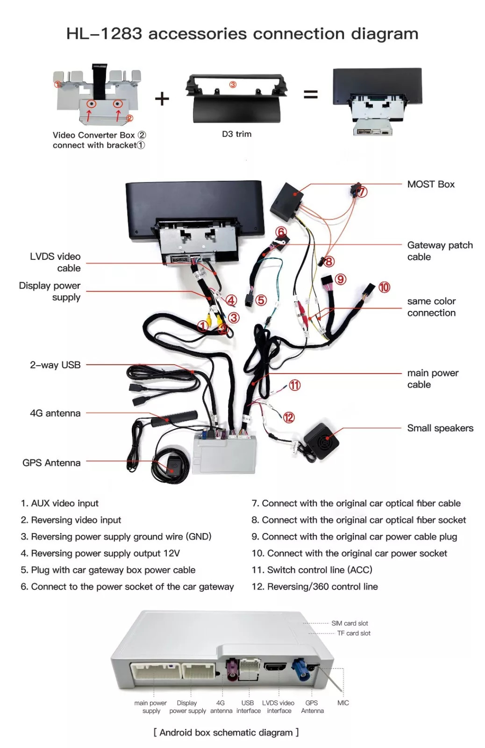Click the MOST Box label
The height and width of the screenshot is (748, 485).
430,184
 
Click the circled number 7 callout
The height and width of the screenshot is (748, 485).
362,192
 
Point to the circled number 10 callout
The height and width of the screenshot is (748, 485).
384,287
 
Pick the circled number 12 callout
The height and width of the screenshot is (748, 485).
289,417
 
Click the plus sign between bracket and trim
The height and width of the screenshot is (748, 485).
162,99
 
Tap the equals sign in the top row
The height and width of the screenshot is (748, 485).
311,95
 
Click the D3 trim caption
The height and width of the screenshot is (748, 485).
236,134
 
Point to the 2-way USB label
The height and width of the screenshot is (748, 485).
55,365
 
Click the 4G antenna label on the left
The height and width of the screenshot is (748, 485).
55,413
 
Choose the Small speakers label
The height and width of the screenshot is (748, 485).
440,428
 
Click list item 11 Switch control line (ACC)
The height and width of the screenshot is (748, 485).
312,570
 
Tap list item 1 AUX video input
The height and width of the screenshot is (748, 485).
59,503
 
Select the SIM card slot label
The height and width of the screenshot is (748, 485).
349,623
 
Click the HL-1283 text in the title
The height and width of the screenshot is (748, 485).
104,34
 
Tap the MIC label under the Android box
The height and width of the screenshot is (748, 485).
343,703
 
